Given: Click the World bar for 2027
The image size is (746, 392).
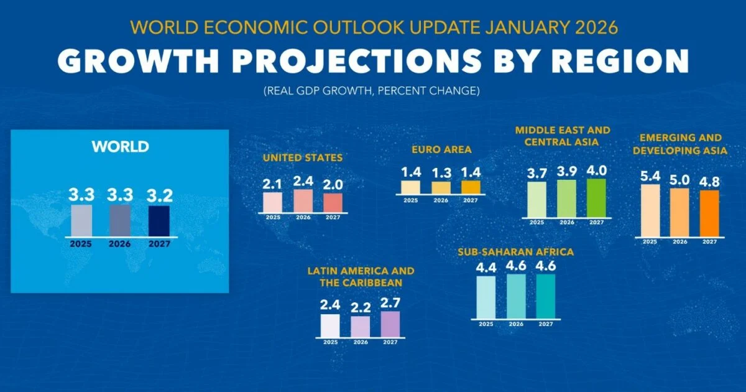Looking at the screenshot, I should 159,221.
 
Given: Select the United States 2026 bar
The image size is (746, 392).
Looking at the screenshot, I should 303,201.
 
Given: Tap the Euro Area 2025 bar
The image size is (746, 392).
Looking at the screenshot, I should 410,187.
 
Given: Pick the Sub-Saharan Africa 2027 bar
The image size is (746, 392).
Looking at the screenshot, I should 545,296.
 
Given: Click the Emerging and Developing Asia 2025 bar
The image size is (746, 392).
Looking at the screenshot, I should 650,210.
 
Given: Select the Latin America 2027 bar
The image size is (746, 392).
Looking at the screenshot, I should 390,324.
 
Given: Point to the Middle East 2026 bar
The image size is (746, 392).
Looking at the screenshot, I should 566,198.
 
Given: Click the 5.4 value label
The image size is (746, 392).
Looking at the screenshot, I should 650,175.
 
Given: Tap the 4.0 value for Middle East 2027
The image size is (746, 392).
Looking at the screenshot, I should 596,170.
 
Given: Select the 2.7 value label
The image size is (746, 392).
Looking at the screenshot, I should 390,302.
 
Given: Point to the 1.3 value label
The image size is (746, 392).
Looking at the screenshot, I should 441,172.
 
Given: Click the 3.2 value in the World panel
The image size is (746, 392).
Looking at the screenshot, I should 159,195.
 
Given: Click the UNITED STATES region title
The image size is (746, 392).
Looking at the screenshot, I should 302,158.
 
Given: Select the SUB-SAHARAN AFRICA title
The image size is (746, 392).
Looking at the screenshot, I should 515,252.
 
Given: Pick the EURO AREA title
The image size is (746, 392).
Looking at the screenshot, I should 441,149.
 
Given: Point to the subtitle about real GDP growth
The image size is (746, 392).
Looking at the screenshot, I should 372,91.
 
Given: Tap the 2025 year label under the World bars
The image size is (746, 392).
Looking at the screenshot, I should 81,244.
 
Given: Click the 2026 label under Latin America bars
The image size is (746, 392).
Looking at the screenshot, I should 360,342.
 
